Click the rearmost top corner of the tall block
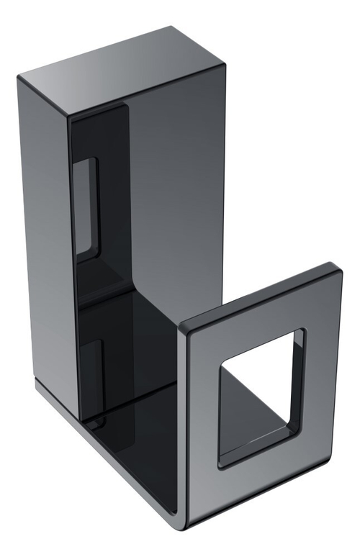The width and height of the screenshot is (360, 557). [x=171, y=28]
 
